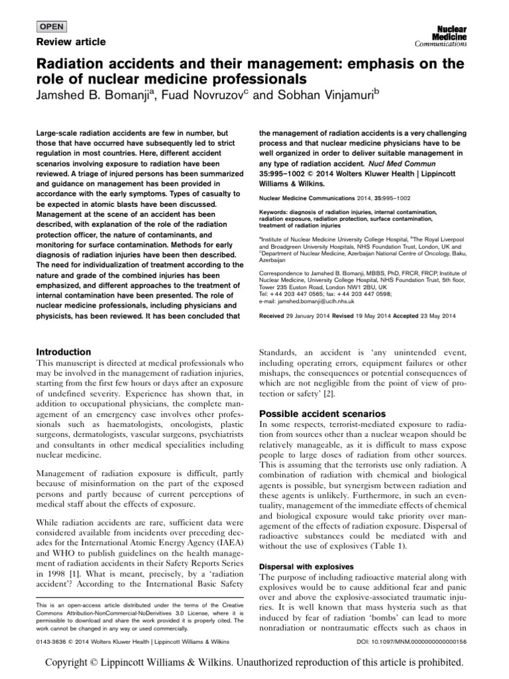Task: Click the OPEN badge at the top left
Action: [49, 28]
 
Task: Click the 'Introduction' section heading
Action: [64, 352]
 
